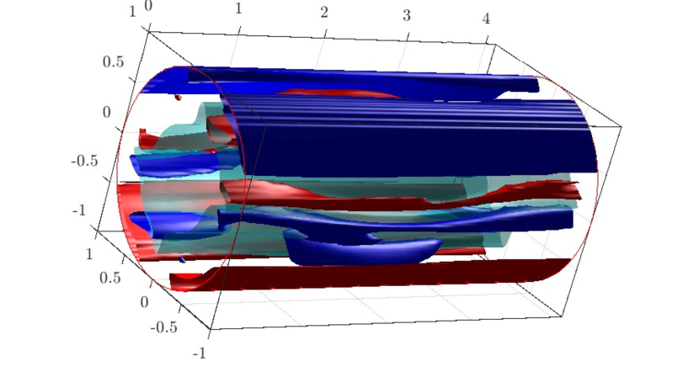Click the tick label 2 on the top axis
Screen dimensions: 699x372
(x=324, y=13)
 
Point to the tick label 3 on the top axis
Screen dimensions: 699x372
(x=406, y=16)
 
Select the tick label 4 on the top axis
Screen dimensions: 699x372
(x=486, y=19)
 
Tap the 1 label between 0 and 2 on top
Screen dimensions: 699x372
(x=239, y=8)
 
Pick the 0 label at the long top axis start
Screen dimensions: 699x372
(x=148, y=6)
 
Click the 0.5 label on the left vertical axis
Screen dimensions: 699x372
(x=113, y=62)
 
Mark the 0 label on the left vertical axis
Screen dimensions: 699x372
(x=106, y=112)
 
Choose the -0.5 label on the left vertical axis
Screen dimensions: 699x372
(x=85, y=161)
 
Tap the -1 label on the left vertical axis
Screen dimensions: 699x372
(x=79, y=210)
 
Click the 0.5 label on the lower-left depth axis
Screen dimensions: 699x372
(x=110, y=278)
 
